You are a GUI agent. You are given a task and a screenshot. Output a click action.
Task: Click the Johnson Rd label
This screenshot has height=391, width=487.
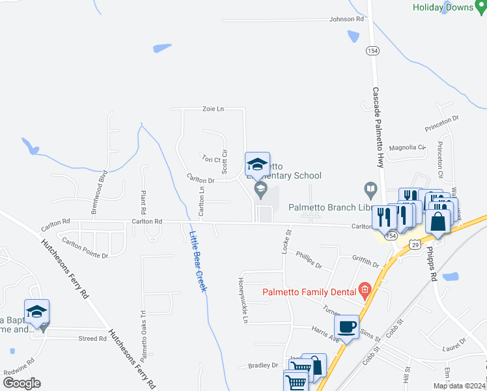(346, 20)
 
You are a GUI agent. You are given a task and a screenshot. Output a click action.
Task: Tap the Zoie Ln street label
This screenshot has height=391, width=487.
(213, 109)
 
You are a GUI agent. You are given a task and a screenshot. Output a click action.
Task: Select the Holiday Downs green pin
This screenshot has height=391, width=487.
(480, 7)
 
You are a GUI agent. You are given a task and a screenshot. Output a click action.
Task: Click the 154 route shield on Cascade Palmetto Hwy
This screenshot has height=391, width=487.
(373, 51)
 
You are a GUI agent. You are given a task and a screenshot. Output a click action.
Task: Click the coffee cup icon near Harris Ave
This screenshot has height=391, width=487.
(346, 326)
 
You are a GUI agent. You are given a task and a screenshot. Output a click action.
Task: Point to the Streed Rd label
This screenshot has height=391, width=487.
(92, 339)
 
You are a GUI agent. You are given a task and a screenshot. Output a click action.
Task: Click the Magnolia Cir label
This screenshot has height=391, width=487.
(407, 148)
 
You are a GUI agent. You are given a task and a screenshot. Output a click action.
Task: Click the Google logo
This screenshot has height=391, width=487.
(21, 383)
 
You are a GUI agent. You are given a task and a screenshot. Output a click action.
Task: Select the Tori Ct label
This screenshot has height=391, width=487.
(212, 158)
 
